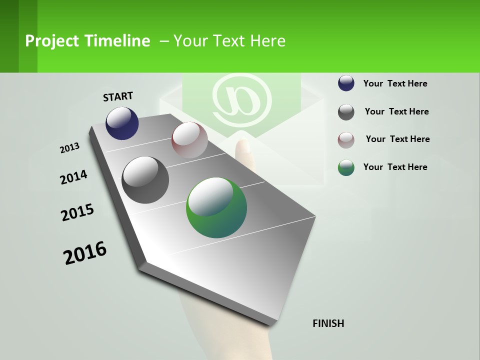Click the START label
(118, 96)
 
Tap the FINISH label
(328, 323)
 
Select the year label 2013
(69, 148)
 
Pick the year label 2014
(73, 177)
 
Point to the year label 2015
(77, 212)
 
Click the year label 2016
(85, 253)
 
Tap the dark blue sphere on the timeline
(122, 123)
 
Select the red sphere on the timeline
(189, 140)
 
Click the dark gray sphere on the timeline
(145, 180)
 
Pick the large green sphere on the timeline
(216, 207)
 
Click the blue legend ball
(346, 83)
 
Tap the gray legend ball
(346, 112)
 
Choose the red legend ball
(346, 140)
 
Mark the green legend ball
(346, 167)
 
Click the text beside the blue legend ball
(395, 83)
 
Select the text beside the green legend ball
(395, 167)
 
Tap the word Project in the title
(52, 41)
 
